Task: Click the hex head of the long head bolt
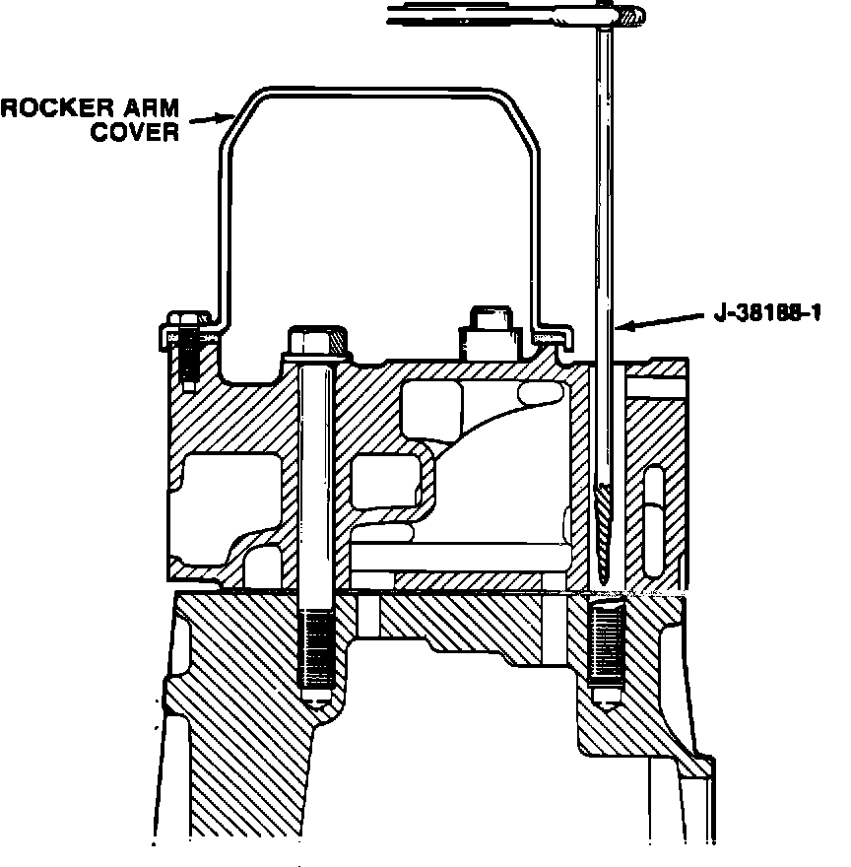click(x=318, y=341)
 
